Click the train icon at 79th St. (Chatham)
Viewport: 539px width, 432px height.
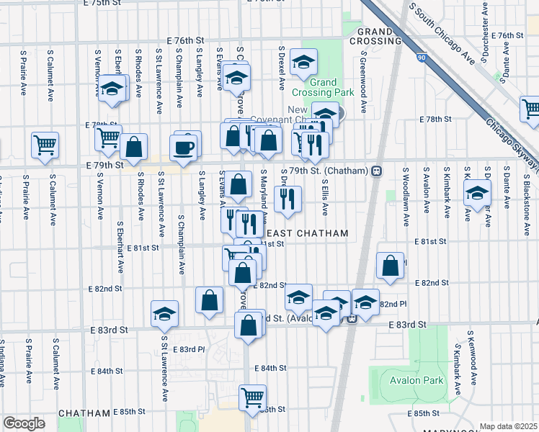pyautogui.click(x=375, y=171)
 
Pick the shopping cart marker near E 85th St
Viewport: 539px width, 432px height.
pyautogui.click(x=252, y=397)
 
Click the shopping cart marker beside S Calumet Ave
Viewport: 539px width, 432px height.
pyautogui.click(x=45, y=144)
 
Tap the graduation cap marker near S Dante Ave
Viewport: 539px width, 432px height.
pyautogui.click(x=477, y=193)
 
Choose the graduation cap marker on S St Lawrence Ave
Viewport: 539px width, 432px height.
pyautogui.click(x=164, y=314)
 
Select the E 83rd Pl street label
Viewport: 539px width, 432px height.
pyautogui.click(x=192, y=349)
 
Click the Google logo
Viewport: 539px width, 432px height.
pyautogui.click(x=24, y=423)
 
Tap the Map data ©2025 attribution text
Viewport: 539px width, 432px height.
pyautogui.click(x=508, y=426)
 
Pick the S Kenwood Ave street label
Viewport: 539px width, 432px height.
pyautogui.click(x=472, y=356)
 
